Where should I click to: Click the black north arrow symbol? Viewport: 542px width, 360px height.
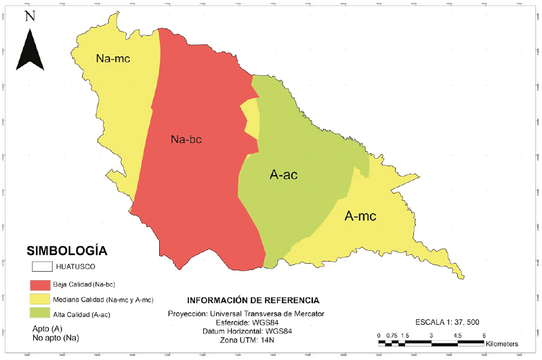[29, 49]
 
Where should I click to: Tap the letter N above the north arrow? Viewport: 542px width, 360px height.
[29, 16]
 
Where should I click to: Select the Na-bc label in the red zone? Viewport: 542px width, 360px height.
[187, 140]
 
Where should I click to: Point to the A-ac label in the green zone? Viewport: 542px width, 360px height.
[284, 175]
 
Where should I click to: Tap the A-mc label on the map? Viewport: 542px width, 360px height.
[360, 216]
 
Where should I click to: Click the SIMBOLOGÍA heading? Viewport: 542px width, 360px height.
[65, 249]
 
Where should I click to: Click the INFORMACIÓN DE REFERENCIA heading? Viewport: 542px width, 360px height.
[251, 300]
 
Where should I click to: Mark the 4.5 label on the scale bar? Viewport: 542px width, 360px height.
[457, 336]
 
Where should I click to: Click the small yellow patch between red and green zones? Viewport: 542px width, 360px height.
[251, 117]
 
